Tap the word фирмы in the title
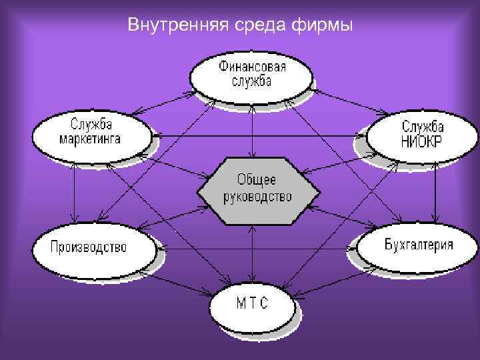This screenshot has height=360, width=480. click(x=323, y=26)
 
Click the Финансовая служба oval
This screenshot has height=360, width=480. click(x=251, y=74)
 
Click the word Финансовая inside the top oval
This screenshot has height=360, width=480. click(x=252, y=67)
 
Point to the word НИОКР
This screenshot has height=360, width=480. click(x=423, y=142)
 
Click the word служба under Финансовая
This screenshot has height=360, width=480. click(x=252, y=81)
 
